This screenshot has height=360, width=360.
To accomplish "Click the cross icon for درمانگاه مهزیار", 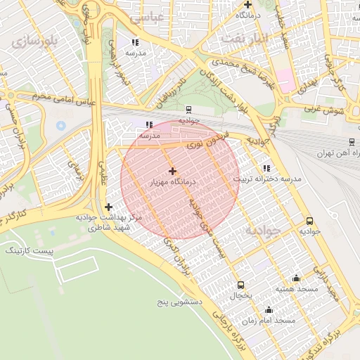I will (172, 171).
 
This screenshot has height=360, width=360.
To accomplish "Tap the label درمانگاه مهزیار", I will (173, 182).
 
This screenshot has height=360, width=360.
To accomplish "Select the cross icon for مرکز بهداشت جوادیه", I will (108, 207).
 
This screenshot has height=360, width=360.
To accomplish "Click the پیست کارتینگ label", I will (28, 250).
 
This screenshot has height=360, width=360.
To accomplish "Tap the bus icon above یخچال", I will (241, 285).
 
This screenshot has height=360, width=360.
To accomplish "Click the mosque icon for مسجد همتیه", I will (296, 278).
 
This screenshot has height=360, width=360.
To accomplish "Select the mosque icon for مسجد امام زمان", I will (268, 309).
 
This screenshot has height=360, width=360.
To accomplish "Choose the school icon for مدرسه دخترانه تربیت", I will (266, 168).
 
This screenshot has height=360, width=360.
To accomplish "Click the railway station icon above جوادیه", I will (188, 109).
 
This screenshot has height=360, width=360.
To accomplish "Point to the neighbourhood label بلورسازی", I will (32, 40).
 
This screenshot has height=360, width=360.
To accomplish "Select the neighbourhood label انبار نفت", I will (245, 38).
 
